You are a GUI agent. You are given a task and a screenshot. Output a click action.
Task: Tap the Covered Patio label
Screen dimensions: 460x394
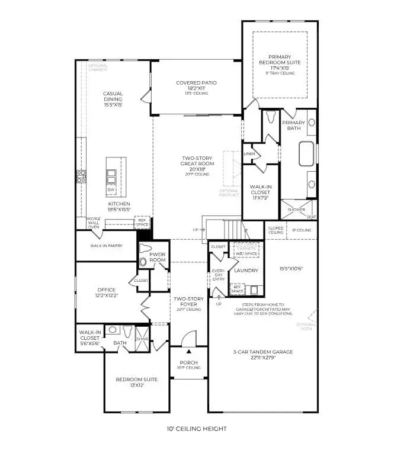click(x=196, y=83)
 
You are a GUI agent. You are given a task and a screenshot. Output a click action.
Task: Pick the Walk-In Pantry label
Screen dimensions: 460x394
click(x=106, y=245)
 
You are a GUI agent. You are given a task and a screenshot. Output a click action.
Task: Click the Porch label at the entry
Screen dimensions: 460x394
click(x=189, y=362)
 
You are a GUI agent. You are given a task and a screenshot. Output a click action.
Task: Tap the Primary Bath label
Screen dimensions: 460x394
click(x=293, y=125)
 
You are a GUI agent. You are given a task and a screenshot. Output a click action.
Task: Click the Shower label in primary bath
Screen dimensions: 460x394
click(x=296, y=210)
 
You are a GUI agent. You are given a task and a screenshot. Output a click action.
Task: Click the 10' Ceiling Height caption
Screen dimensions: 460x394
click(x=196, y=429)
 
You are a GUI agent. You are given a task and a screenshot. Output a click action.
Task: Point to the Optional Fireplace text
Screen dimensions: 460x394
click(x=229, y=193)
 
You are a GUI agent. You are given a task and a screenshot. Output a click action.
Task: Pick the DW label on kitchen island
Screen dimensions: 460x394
click(x=111, y=189)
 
